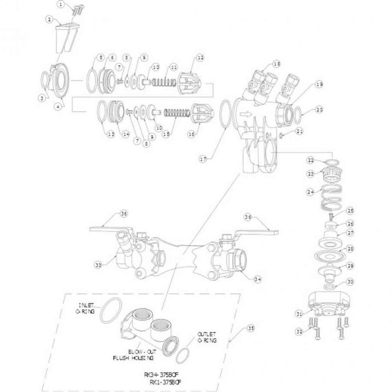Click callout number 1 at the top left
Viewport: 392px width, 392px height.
click(61, 5)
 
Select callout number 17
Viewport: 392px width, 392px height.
click(203, 159)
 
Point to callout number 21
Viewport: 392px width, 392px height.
click(300, 131)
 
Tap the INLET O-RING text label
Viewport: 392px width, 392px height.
click(85, 307)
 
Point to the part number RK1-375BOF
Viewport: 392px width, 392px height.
click(166, 381)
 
